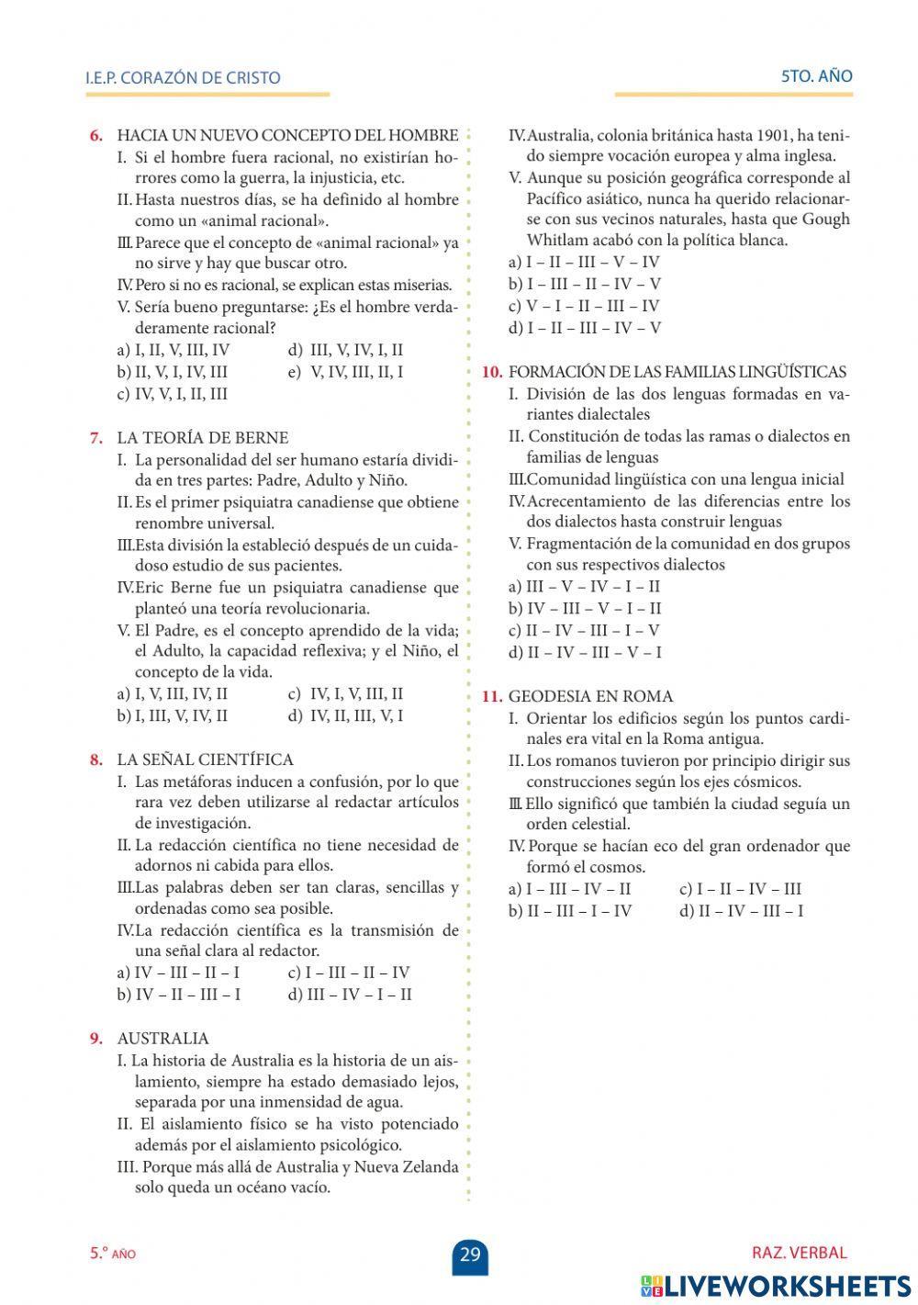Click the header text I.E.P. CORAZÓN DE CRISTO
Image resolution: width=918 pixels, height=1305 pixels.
click(183, 78)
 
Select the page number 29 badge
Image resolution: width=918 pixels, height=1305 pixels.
click(470, 1254)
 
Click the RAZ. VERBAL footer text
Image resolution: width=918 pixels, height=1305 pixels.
click(799, 1253)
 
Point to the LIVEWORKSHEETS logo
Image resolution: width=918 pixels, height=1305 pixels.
click(776, 1285)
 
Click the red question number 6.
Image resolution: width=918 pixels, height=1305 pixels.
click(95, 135)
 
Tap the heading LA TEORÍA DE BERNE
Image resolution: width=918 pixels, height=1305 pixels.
click(202, 437)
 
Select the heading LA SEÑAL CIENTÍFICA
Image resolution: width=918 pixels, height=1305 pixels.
click(205, 759)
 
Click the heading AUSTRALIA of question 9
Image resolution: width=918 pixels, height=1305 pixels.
click(162, 1039)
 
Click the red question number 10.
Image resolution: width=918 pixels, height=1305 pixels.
click(492, 372)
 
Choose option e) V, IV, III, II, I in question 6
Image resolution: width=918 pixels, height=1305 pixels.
click(345, 372)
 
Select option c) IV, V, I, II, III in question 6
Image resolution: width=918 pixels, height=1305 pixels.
click(173, 394)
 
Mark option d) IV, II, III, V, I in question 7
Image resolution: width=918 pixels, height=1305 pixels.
click(345, 715)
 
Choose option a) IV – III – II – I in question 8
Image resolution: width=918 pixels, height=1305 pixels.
click(179, 973)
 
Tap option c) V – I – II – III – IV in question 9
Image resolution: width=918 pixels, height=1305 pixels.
click(584, 306)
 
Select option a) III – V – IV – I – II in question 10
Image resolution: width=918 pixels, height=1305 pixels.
click(584, 586)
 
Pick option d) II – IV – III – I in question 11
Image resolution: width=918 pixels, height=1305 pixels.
click(741, 911)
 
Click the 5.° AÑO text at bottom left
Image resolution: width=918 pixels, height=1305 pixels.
click(112, 1254)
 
